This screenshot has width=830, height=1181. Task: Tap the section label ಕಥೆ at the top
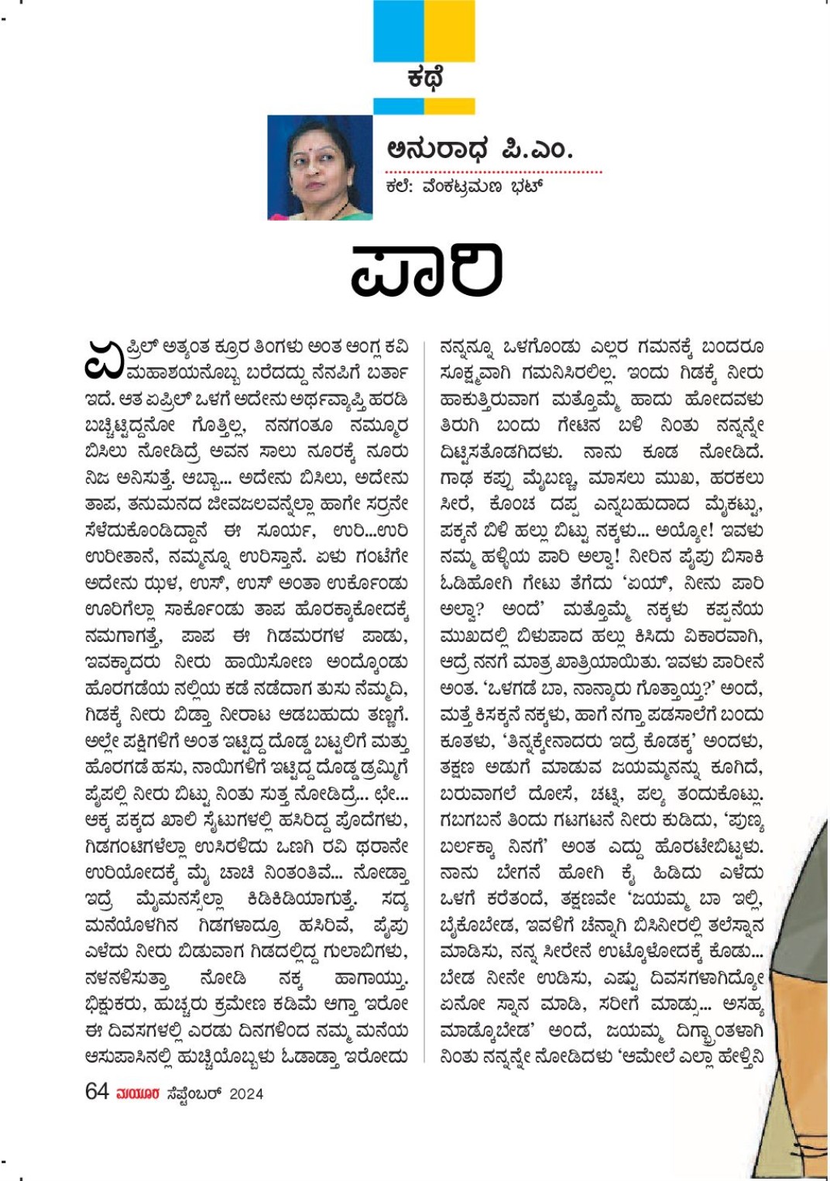(425, 78)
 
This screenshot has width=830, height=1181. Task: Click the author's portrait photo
(320, 167)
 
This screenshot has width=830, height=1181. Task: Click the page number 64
(97, 1092)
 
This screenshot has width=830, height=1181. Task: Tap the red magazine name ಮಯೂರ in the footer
(138, 1093)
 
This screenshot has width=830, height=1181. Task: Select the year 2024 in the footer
(246, 1093)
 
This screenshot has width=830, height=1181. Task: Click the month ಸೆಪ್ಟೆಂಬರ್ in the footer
(194, 1093)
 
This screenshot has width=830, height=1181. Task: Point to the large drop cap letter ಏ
(104, 360)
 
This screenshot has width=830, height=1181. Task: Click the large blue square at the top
(399, 31)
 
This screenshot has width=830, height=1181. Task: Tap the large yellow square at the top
(450, 31)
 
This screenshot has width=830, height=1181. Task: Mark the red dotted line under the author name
(493, 171)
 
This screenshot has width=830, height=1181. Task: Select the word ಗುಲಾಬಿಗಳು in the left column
(364, 951)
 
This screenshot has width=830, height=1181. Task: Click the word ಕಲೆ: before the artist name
(399, 187)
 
